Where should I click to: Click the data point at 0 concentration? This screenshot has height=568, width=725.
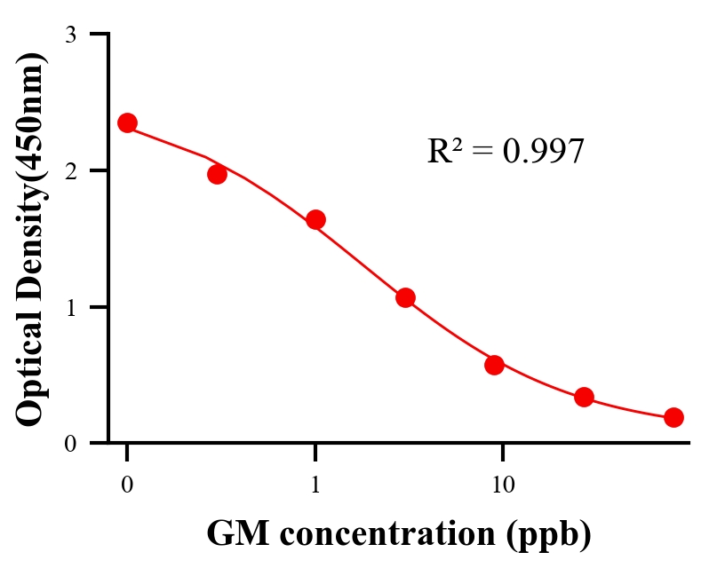(x=127, y=122)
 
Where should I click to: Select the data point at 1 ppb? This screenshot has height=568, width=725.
(x=315, y=220)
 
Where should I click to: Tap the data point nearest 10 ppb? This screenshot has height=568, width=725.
(x=495, y=365)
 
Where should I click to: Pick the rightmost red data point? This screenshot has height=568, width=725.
(x=673, y=417)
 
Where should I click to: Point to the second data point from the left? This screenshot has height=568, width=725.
(x=217, y=174)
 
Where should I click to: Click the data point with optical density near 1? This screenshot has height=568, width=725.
(x=405, y=297)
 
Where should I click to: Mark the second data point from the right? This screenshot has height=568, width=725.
(x=584, y=397)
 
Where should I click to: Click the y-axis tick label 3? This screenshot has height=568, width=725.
(x=70, y=35)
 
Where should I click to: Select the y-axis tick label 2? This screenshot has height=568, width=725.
(x=70, y=170)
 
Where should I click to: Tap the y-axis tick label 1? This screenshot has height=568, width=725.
(x=70, y=307)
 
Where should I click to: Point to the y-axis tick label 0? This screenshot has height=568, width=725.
(x=70, y=444)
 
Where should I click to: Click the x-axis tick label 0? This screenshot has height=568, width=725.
(x=127, y=485)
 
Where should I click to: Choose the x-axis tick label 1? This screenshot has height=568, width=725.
(x=315, y=485)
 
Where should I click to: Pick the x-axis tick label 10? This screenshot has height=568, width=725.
(x=503, y=485)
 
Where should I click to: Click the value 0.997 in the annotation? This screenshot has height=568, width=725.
(x=543, y=152)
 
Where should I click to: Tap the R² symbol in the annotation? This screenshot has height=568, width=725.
(x=443, y=151)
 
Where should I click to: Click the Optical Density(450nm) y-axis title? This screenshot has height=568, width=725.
(x=30, y=238)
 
